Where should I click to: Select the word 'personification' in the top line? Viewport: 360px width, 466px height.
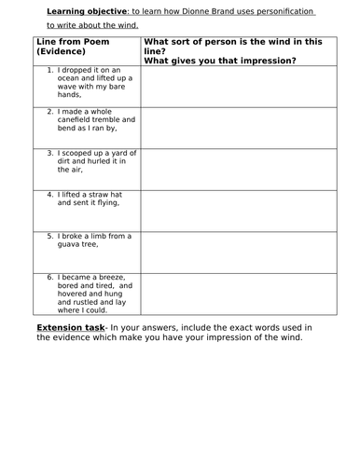pyautogui.click(x=284, y=11)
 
